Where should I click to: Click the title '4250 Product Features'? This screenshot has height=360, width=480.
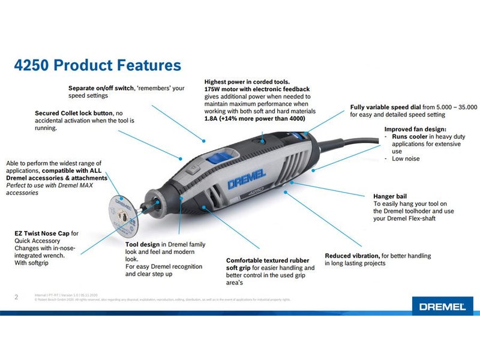97,65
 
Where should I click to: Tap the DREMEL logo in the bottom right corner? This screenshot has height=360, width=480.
442,306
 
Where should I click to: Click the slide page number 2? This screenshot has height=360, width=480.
16,296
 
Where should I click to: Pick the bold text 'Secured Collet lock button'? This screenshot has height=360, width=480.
74,113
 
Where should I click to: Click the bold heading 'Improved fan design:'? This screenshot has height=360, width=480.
415,129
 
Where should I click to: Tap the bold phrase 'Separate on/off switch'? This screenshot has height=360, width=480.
100,88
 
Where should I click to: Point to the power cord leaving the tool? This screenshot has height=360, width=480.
360,144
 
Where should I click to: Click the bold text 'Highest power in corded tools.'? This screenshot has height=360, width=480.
247,82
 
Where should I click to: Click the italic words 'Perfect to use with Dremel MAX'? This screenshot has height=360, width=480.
56,185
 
